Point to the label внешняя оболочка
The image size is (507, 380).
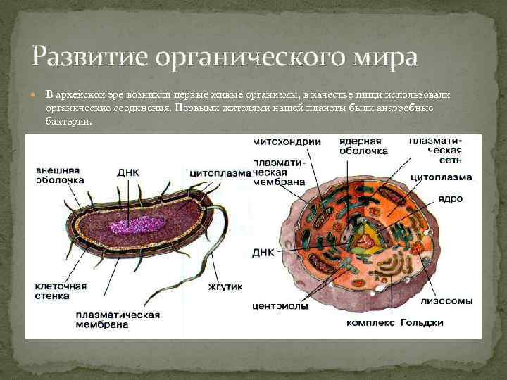59,175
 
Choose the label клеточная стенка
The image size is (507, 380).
61,291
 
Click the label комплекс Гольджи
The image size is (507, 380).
394,323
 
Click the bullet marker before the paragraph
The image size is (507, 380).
35,94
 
